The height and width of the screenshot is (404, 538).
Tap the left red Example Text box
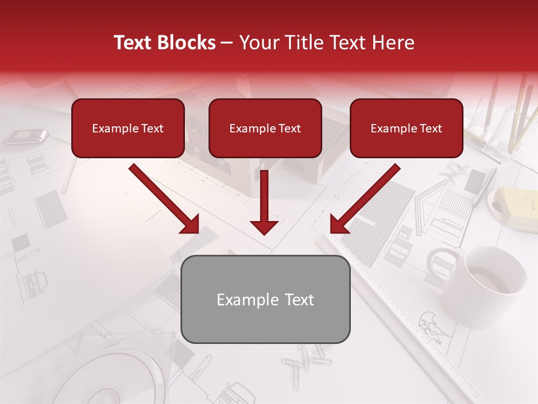pyautogui.click(x=128, y=128)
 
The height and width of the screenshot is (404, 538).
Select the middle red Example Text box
pyautogui.click(x=265, y=128)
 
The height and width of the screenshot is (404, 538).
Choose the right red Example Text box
pyautogui.click(x=406, y=128)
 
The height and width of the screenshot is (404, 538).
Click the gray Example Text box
pyautogui.click(x=265, y=299)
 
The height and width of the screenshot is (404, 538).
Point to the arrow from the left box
pyautogui.click(x=165, y=199)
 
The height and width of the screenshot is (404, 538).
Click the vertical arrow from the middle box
pyautogui.click(x=264, y=202)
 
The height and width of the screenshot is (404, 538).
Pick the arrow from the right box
pyautogui.click(x=365, y=199)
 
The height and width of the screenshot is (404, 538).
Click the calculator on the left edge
pyautogui.click(x=26, y=135)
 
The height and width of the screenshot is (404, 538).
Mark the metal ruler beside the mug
pyautogui.click(x=392, y=314)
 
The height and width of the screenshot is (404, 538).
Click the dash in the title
pyautogui.click(x=227, y=43)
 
